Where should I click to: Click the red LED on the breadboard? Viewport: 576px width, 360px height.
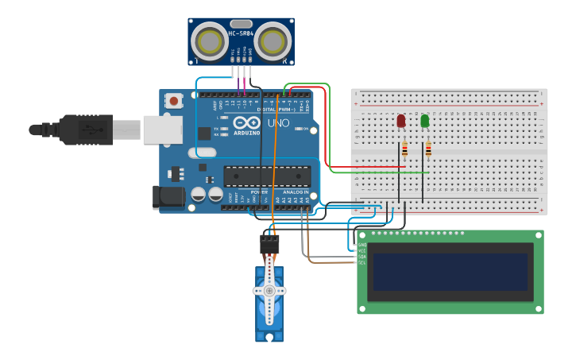click(400, 121)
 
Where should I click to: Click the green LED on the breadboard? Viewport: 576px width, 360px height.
click(425, 121)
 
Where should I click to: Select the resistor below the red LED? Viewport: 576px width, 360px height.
click(404, 149)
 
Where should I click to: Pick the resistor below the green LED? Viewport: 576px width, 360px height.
click(428, 149)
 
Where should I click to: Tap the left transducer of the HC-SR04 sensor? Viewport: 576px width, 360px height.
click(211, 40)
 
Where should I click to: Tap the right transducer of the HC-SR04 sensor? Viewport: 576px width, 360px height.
click(273, 40)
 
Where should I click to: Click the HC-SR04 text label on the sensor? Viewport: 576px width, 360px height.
click(241, 33)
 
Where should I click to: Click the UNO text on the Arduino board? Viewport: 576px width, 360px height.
click(277, 126)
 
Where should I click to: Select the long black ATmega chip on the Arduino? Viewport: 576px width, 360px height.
click(265, 176)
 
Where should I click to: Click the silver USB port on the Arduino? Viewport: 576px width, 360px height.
click(162, 130)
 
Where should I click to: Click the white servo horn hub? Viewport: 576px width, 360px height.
click(269, 291)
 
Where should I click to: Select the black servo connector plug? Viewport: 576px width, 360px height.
click(269, 242)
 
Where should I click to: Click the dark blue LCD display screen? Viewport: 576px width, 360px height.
click(450, 272)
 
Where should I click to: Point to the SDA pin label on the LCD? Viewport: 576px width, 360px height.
click(362, 257)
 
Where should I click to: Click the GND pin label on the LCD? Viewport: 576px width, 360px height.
click(362, 245)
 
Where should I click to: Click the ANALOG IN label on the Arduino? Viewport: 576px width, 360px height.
click(296, 192)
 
